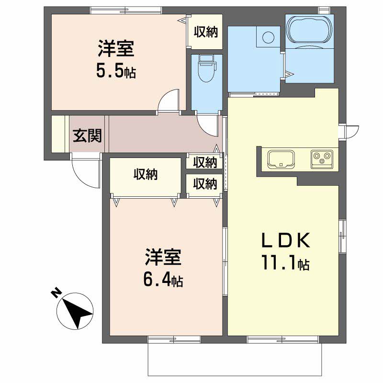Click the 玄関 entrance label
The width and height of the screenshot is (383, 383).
pyautogui.click(x=87, y=136)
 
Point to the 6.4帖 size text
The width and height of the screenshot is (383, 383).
pyautogui.click(x=163, y=279)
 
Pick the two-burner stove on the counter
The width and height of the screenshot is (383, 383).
pyautogui.click(x=322, y=158)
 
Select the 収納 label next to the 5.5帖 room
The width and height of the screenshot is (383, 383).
pyautogui.click(x=205, y=32)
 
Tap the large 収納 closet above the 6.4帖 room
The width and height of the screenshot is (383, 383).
pyautogui.click(x=145, y=176)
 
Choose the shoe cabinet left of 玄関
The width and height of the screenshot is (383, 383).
pyautogui.click(x=57, y=134)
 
